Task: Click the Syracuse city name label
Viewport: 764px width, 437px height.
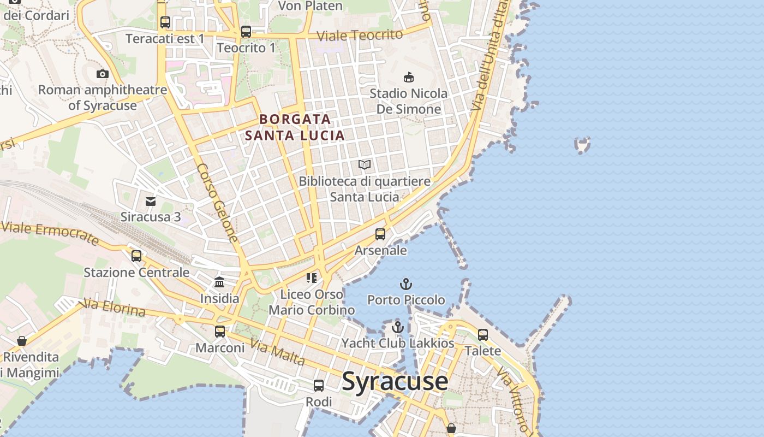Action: pyautogui.click(x=395, y=381)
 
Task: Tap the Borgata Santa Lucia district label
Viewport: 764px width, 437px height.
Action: pyautogui.click(x=295, y=127)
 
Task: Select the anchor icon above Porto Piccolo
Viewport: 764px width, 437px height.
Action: pyautogui.click(x=405, y=284)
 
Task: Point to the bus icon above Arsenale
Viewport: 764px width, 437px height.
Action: pyautogui.click(x=380, y=234)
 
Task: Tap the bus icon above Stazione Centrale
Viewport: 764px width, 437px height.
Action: pyautogui.click(x=136, y=256)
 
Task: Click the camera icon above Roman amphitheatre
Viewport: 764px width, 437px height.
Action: pyautogui.click(x=102, y=74)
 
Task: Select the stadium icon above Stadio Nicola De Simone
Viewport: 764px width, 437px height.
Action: pyautogui.click(x=408, y=77)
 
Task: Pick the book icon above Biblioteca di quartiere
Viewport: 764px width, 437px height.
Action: pyautogui.click(x=365, y=164)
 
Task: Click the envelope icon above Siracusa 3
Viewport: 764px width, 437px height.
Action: pyautogui.click(x=151, y=202)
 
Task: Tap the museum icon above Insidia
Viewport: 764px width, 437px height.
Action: pyautogui.click(x=219, y=282)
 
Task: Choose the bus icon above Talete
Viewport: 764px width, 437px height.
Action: pyautogui.click(x=483, y=334)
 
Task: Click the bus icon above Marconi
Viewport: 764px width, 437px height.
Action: pyautogui.click(x=220, y=331)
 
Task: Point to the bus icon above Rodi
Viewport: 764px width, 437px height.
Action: pyautogui.click(x=319, y=385)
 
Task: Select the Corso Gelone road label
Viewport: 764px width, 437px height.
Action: pyautogui.click(x=217, y=203)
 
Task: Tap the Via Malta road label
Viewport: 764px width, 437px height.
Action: pyautogui.click(x=277, y=352)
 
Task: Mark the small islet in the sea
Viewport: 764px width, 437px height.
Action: pyautogui.click(x=583, y=145)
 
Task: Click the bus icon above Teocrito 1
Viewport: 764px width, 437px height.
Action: pyautogui.click(x=246, y=32)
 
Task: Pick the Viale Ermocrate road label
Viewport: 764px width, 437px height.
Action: pyautogui.click(x=50, y=233)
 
